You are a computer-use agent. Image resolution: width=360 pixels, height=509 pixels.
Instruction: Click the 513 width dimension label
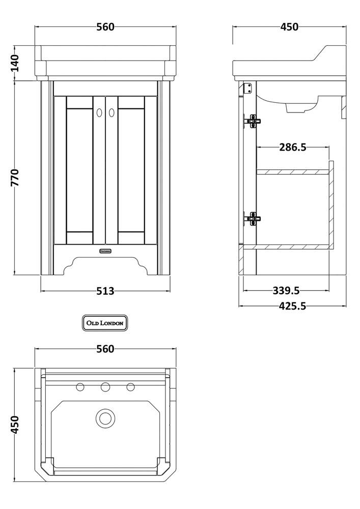coord(105,291)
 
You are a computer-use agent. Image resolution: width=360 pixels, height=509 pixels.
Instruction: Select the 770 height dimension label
coord(15,178)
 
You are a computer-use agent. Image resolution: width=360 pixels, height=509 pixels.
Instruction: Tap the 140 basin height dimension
coord(15,63)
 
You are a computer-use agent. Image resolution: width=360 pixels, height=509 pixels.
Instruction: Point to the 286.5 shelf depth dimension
coord(293,148)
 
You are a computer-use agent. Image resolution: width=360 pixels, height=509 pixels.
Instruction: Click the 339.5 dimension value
coord(286,291)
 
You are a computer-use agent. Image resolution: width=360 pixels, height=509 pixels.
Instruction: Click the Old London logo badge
coord(105,323)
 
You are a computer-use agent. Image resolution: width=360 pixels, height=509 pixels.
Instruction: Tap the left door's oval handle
coord(99,114)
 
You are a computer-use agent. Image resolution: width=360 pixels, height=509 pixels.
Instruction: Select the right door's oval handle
coord(112,114)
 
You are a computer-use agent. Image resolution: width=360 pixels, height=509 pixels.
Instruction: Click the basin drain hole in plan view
coord(105,418)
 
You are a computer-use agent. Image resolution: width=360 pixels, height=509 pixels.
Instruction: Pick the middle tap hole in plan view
coord(105,387)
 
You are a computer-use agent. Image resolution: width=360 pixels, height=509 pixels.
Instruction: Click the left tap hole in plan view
coord(80,387)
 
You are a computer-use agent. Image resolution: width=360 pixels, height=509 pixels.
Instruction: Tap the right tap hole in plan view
coord(131,387)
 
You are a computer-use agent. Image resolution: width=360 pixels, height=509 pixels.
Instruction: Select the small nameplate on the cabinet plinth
coord(105,250)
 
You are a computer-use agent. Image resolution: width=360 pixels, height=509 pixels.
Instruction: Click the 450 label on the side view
coord(289,27)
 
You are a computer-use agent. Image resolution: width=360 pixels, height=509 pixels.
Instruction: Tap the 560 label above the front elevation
coord(105,27)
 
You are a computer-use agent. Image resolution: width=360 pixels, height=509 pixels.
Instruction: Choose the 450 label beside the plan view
coord(15,425)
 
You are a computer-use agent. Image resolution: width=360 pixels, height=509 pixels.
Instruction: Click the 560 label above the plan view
coord(105,349)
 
